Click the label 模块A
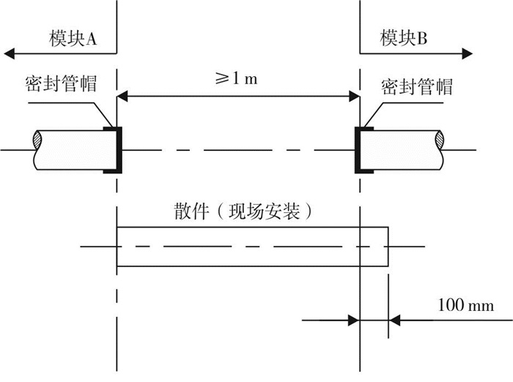pyautogui.click(x=73, y=39)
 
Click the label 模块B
pyautogui.click(x=403, y=37)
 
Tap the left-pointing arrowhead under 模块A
pyautogui.click(x=9, y=53)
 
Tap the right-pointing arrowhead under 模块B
pyautogui.click(x=468, y=53)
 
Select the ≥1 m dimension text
pyautogui.click(x=236, y=79)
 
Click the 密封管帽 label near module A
pyautogui.click(x=61, y=83)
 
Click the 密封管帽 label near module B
pyautogui.click(x=417, y=86)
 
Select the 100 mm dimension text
pyautogui.click(x=465, y=305)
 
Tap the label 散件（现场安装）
pyautogui.click(x=243, y=211)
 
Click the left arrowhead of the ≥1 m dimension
pyautogui.click(x=122, y=97)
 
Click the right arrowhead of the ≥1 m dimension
pyautogui.click(x=354, y=97)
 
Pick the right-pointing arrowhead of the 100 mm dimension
pyautogui.click(x=354, y=321)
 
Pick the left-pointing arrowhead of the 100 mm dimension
pyautogui.click(x=394, y=321)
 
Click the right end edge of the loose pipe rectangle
pyautogui.click(x=388, y=247)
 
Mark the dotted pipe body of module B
pyautogui.click(x=402, y=150)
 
